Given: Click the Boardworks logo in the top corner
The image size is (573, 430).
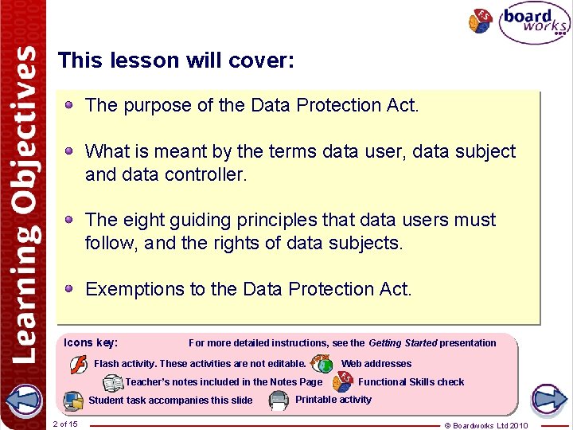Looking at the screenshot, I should (x=534, y=22).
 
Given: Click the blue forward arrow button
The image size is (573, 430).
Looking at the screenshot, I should (x=548, y=397).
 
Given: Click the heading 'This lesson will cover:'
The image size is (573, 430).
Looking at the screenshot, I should (x=176, y=61).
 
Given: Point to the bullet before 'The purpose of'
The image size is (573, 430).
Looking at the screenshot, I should (x=70, y=104).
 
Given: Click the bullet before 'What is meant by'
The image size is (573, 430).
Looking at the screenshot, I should (x=70, y=150).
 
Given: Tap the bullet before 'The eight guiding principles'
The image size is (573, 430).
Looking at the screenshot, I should (x=70, y=219).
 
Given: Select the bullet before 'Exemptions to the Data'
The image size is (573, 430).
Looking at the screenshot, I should (x=70, y=288).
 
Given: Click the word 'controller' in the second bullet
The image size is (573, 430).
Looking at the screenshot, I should (x=205, y=174).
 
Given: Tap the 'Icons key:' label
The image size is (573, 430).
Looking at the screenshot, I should (x=91, y=342).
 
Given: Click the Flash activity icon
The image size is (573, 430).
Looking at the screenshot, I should (x=79, y=365).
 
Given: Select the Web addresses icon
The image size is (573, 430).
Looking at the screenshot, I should (x=322, y=364).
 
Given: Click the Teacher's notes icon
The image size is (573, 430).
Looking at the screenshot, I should (x=113, y=383).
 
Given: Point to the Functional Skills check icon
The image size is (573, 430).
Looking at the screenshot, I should (x=343, y=382).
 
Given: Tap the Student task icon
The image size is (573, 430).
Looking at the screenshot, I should (x=73, y=400).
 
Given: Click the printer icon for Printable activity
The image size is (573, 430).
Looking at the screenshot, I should (x=279, y=400).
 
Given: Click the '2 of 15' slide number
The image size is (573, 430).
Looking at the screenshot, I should (x=64, y=424).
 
